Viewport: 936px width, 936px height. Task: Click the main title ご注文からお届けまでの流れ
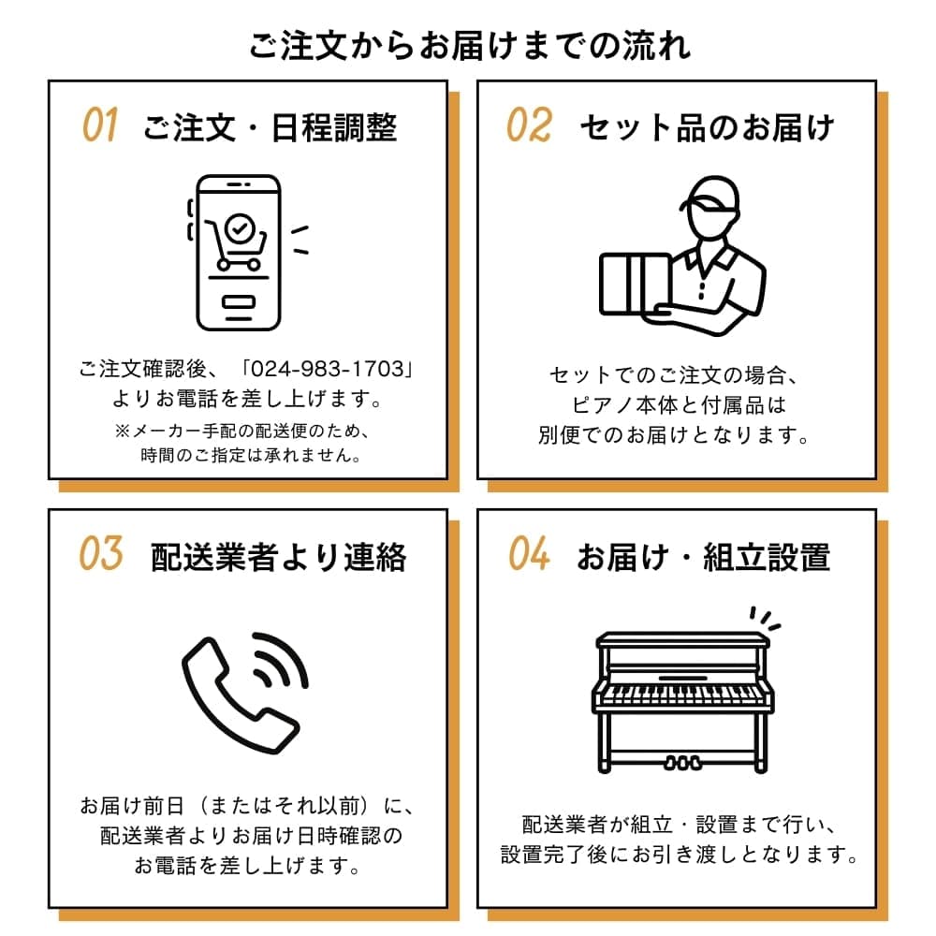click(x=469, y=45)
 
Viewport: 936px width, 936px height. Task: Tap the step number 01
click(x=100, y=125)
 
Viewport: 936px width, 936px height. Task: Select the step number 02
click(x=529, y=125)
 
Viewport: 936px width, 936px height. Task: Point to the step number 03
click(x=100, y=554)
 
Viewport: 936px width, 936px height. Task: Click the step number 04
click(x=529, y=554)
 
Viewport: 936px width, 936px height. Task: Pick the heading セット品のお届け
click(x=706, y=127)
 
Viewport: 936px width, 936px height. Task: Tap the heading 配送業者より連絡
click(x=278, y=557)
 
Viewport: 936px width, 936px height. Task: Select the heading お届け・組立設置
click(x=702, y=557)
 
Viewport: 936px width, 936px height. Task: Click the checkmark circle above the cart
click(x=241, y=226)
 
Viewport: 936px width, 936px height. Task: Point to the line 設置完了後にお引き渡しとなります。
click(x=680, y=855)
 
